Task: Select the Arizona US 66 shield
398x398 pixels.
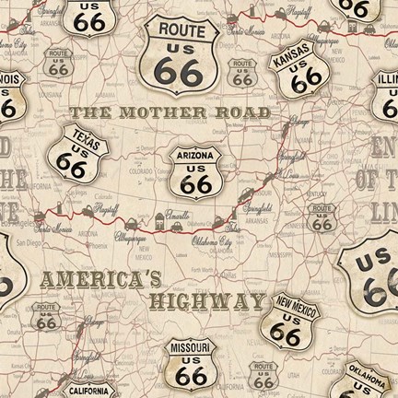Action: click(x=193, y=170)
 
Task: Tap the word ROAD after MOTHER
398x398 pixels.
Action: click(x=250, y=111)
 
